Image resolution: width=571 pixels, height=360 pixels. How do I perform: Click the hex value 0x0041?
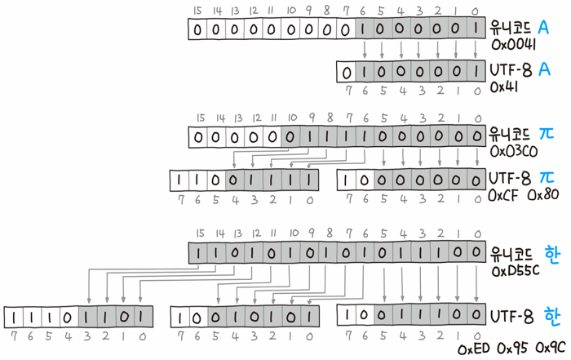click(x=511, y=44)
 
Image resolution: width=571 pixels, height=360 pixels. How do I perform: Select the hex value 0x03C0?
click(x=512, y=152)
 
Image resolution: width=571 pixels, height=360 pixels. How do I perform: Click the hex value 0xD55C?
click(x=514, y=270)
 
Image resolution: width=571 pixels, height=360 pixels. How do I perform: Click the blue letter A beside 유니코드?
click(x=543, y=28)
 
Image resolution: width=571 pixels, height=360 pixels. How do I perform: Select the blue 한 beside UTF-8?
click(x=553, y=315)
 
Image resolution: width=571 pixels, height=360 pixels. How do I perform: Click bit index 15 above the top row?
click(x=197, y=11)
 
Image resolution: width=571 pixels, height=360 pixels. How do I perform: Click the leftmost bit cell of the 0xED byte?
click(x=15, y=315)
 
